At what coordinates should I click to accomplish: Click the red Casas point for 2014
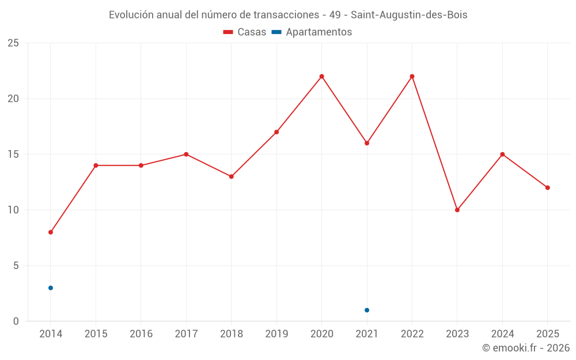tap(51, 232)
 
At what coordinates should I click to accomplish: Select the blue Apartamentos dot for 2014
tap(51, 288)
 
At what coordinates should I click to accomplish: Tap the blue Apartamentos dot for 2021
tap(367, 310)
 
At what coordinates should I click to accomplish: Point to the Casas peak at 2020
tap(322, 77)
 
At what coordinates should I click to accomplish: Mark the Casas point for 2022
tap(412, 77)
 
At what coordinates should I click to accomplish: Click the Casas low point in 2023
tap(457, 210)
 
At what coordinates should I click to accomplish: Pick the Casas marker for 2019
tap(276, 132)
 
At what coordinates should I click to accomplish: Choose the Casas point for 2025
tap(548, 188)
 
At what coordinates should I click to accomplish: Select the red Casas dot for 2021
tap(367, 143)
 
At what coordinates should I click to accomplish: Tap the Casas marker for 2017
tap(186, 154)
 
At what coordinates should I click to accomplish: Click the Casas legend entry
tap(245, 32)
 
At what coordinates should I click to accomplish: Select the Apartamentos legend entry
tap(312, 32)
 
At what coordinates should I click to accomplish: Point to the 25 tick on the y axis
tap(13, 43)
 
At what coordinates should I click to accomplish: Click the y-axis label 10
tap(13, 210)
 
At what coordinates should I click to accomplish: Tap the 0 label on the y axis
tap(16, 321)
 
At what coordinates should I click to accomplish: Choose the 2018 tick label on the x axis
tap(232, 334)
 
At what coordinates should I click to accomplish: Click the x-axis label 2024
tap(502, 334)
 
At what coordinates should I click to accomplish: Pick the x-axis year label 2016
tap(141, 334)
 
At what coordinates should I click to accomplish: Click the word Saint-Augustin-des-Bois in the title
tap(409, 15)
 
